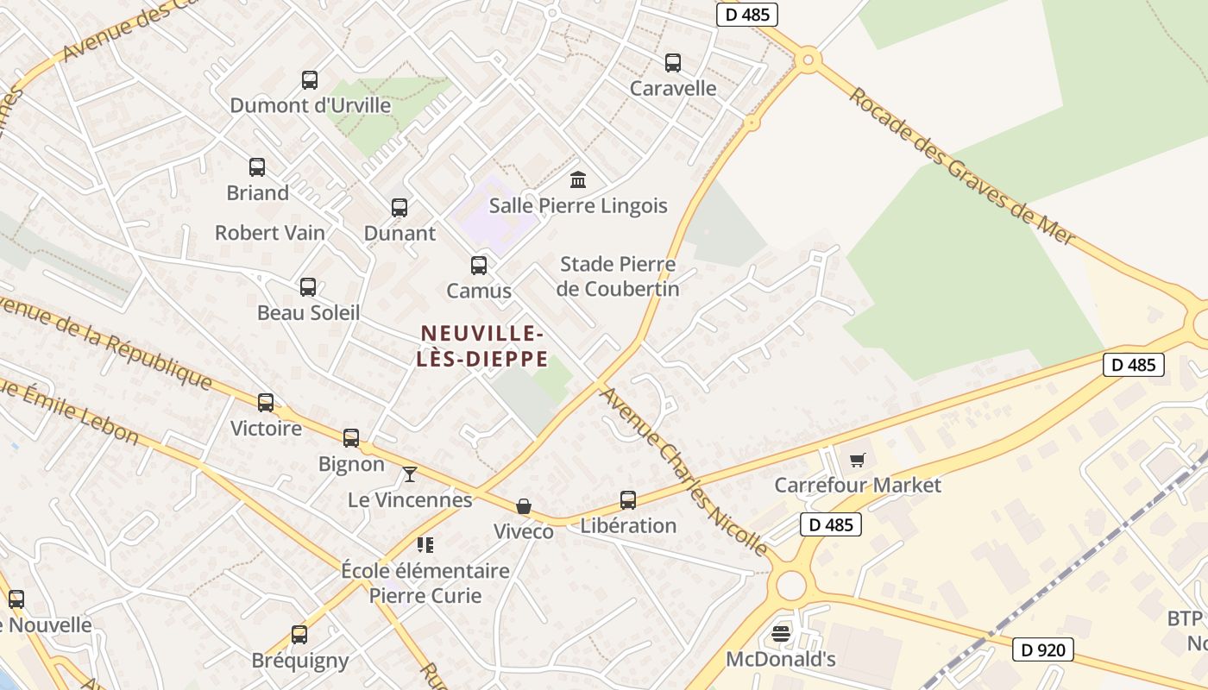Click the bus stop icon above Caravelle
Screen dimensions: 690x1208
coord(673,63)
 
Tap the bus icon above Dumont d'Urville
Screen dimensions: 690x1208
coord(310,80)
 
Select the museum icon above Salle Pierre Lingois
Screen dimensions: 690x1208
coord(578,180)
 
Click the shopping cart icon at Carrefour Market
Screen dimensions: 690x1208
coord(857,461)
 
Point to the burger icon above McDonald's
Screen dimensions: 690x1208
coord(781,635)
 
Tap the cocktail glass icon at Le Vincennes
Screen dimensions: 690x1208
coord(410,474)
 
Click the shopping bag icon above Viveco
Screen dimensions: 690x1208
coord(524,506)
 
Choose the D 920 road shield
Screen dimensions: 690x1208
coord(1042,649)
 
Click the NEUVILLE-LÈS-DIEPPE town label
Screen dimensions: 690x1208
coord(481,346)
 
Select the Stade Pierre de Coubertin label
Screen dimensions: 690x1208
coord(618,276)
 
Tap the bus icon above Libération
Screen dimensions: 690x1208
coord(628,500)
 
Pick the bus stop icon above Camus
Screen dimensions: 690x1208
coord(479,266)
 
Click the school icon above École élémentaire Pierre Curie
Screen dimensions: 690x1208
coord(425,544)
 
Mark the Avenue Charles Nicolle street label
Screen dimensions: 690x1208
coord(683,471)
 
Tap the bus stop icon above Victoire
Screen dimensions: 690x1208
coord(266,403)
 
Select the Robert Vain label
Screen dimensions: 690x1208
coord(270,233)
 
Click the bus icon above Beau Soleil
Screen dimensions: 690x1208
coord(308,287)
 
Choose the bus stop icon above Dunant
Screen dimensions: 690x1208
coord(400,208)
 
